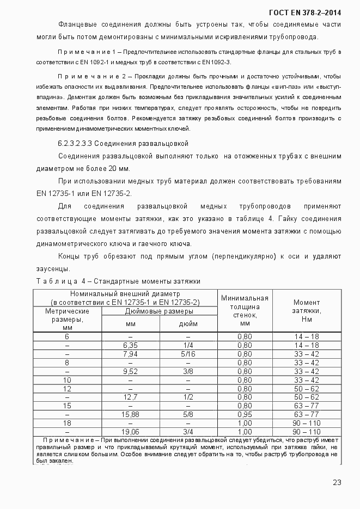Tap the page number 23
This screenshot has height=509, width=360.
[337, 482]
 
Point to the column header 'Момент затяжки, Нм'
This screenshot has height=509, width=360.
[307, 311]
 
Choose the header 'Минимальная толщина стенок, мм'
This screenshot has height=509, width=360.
[245, 311]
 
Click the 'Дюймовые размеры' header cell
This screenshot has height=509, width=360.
[159, 311]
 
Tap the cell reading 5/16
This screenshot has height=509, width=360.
[188, 354]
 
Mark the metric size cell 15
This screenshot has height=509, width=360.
[67, 406]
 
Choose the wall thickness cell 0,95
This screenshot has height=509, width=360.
[245, 414]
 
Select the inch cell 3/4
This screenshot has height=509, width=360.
[188, 432]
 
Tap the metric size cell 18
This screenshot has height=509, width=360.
[67, 423]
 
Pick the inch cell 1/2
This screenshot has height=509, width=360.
[188, 397]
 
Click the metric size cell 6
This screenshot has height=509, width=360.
[67, 336]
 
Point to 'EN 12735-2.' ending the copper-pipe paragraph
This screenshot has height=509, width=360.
[112, 193]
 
